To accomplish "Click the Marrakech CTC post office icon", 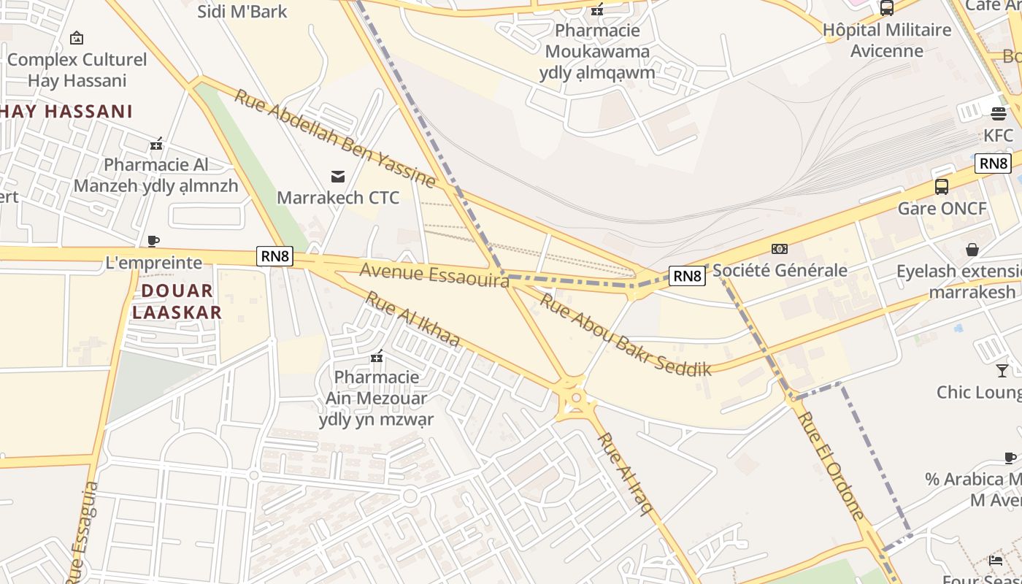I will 338,176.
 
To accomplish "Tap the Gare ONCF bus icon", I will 942,187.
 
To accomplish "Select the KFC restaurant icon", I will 998,114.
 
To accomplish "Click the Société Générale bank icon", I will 780,249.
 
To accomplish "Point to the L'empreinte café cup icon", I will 153,241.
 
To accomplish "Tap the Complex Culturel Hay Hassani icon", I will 77,38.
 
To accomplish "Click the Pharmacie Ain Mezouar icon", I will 377,356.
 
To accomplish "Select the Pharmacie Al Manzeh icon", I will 155,143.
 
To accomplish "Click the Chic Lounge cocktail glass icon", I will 1002,370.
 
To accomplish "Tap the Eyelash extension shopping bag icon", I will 972,250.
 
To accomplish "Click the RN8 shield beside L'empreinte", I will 275,256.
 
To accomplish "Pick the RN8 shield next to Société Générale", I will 687,276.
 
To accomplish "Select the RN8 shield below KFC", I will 993,163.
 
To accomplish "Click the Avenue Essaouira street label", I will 434,275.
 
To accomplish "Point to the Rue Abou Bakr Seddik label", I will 625,334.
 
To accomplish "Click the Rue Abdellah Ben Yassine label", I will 334,137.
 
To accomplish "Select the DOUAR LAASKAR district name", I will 177,301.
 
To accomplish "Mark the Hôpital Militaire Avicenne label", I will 887,40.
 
